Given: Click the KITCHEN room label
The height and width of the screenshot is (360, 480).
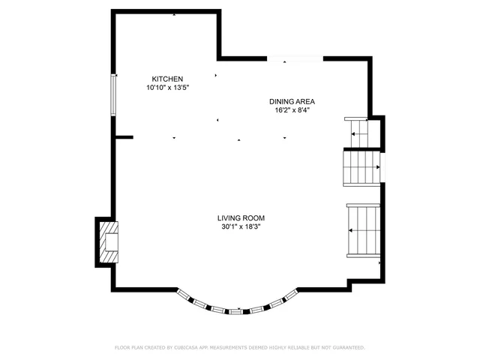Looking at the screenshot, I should pos(167,79).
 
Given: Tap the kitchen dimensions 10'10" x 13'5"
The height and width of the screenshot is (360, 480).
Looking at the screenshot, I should pos(167,88).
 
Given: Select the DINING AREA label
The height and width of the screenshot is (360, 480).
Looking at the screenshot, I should pos(292,101).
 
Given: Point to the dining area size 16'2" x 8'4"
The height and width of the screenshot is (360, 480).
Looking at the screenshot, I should pos(292,110).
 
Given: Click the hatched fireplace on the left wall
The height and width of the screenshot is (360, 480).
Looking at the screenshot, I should pos(107,241).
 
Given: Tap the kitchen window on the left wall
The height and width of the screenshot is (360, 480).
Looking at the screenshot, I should pos(114,94).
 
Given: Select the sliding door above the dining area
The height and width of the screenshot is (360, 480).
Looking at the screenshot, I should pos(295,58).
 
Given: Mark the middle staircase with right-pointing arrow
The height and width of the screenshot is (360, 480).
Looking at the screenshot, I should pos(361,167).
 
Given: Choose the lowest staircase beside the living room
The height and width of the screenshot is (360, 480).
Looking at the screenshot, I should pos(364,231).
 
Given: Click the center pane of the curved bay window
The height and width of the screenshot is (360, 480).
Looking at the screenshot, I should pos(235,310).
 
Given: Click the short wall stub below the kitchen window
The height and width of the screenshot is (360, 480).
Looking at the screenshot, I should pos(124,137).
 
